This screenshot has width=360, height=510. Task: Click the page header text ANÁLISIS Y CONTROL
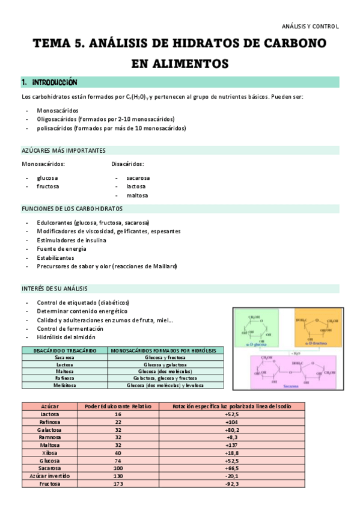(x=311, y=26)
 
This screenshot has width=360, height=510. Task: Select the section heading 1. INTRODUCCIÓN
(x=49, y=82)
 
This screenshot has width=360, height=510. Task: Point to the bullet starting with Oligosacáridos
(x=105, y=119)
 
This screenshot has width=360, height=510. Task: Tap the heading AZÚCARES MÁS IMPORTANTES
(x=64, y=150)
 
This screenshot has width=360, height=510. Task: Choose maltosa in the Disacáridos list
(x=137, y=195)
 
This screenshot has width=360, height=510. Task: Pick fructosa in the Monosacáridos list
(x=48, y=186)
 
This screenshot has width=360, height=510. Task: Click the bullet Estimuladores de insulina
(x=72, y=240)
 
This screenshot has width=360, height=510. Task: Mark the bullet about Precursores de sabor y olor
(x=107, y=266)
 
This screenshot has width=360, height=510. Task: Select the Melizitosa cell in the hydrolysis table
(x=64, y=385)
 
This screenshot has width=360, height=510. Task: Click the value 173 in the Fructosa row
(x=118, y=484)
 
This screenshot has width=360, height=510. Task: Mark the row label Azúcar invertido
(x=49, y=476)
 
